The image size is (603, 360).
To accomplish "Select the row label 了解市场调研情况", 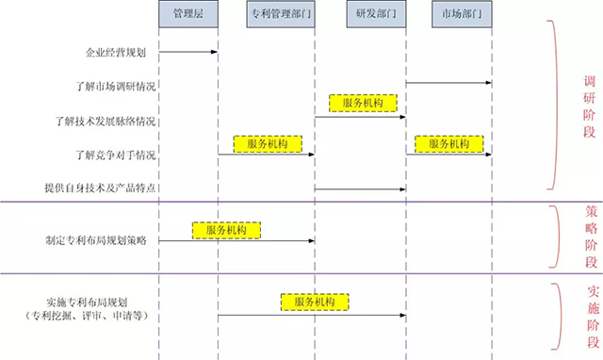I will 115,86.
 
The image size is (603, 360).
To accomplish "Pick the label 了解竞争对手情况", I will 115,154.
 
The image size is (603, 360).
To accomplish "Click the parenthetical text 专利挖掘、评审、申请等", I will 83,318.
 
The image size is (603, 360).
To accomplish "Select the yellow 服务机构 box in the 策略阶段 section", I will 226,230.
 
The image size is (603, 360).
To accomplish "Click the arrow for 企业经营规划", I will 188,51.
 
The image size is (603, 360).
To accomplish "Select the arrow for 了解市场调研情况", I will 448,85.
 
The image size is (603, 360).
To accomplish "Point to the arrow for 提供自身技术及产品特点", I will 360,188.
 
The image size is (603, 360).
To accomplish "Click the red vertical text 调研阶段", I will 588,106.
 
